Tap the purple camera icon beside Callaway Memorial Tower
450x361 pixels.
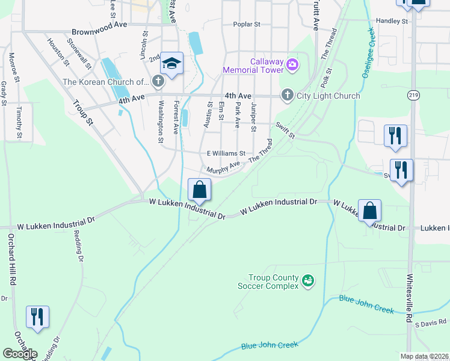[292, 64]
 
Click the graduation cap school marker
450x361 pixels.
[171, 63]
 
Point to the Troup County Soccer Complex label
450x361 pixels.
[274, 282]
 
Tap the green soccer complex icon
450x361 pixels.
[308, 280]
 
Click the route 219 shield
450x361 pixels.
[413, 95]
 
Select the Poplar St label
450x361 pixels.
[247, 25]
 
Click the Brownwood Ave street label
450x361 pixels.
[99, 32]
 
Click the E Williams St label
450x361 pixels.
[226, 153]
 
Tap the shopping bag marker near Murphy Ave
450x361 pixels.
[199, 190]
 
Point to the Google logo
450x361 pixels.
[20, 354]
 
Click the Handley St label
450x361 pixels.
[392, 21]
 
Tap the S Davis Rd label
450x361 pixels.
[428, 324]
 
